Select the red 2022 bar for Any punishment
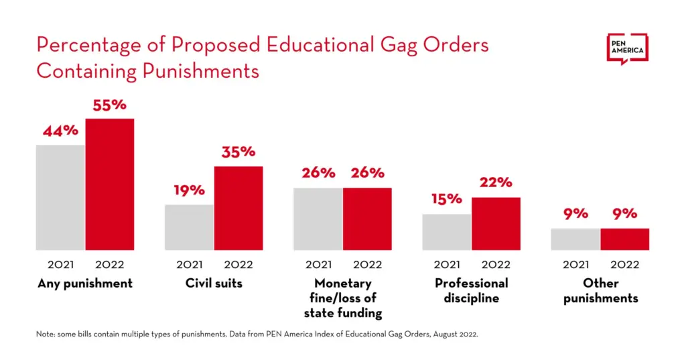pos(109,184)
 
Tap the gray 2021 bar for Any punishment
pos(60,197)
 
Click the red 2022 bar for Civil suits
pos(238,208)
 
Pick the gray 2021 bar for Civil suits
pos(190,227)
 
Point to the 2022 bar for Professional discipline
pos(496,223)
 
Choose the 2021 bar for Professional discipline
pos(447,232)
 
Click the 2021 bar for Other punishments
pos(575,239)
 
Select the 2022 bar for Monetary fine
pos(367,219)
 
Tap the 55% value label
pos(109,105)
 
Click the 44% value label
pos(60,131)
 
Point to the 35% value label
pos(238,152)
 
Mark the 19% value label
pos(190,190)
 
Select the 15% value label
pos(447,199)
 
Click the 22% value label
pos(496,182)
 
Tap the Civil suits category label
pos(214,284)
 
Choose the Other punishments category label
pos(600,291)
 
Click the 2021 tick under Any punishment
pos(60,265)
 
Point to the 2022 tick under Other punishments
pos(624,265)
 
